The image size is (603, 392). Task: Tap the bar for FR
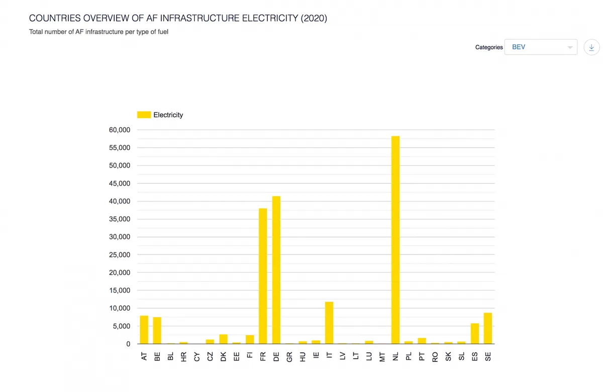pos(263,276)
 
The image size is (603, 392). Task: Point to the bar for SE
pos(488,328)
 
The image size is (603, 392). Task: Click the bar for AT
pos(144,330)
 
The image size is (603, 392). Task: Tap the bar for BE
pos(157,330)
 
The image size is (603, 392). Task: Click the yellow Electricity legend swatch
pos(144,115)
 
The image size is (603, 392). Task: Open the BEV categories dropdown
pos(541,47)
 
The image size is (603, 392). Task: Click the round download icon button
pos(591,47)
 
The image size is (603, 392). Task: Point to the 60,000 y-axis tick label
pos(119,130)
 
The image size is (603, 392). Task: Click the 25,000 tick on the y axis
pos(119,255)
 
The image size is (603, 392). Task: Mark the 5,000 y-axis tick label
pos(121,326)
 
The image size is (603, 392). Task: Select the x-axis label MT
pos(382,357)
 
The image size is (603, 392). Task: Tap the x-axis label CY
pos(197,357)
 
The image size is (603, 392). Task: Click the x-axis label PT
pos(422,357)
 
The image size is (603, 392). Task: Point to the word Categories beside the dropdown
pos(489,47)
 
